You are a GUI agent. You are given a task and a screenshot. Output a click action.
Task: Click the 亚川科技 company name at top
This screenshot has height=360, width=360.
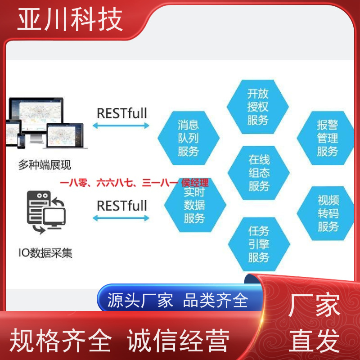pos(70,19)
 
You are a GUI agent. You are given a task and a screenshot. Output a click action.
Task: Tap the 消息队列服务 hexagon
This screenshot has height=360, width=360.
pos(189,138)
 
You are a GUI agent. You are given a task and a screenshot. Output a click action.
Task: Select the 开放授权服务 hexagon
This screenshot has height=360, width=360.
pos(257,107)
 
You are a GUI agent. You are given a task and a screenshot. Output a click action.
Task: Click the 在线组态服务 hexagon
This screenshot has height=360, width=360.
pos(258,173)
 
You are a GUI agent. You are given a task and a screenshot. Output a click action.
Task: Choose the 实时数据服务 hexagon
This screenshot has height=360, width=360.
pos(195,205)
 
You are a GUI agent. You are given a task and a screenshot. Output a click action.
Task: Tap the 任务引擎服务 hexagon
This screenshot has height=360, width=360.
pos(259,244)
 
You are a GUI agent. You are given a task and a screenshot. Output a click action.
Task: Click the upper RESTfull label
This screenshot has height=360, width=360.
pos(122,113)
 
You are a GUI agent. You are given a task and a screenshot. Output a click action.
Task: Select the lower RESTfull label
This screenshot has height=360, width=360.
pos(122,206)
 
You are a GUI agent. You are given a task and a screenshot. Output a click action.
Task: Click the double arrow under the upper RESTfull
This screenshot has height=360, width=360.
pos(121,126)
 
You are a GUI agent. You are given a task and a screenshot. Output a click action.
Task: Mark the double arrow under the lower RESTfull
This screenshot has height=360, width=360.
pos(121,218)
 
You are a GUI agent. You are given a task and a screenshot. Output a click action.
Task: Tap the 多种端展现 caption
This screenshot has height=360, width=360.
pos(45,165)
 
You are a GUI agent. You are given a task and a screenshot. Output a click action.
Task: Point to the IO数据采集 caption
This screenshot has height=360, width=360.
pos(45,253)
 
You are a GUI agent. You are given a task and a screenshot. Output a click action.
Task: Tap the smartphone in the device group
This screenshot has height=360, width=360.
pos(21,141)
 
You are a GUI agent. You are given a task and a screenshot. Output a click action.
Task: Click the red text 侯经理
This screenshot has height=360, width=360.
pos(195,183)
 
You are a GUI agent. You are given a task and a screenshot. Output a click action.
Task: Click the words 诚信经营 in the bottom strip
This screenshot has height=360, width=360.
pos(178,340)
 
